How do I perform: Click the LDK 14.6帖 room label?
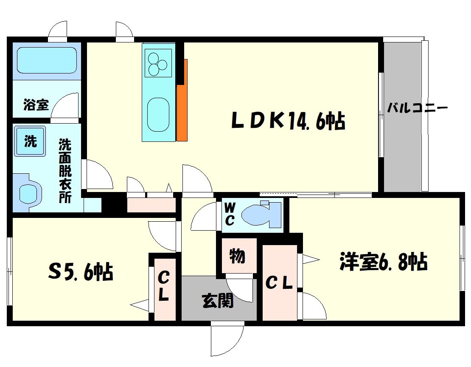coord(287,121)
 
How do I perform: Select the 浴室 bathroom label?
coord(36,104)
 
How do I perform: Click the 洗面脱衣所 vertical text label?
coord(65,170)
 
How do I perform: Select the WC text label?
coord(230,214)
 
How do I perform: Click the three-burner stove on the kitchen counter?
coord(158,63)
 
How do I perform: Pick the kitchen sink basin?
coord(158,114)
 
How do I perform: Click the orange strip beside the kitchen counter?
coord(182,102)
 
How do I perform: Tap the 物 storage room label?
coord(237,256)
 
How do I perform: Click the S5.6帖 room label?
coord(81,272)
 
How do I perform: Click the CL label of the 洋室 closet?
coord(279,283)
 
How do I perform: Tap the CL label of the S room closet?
coord(164,287)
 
